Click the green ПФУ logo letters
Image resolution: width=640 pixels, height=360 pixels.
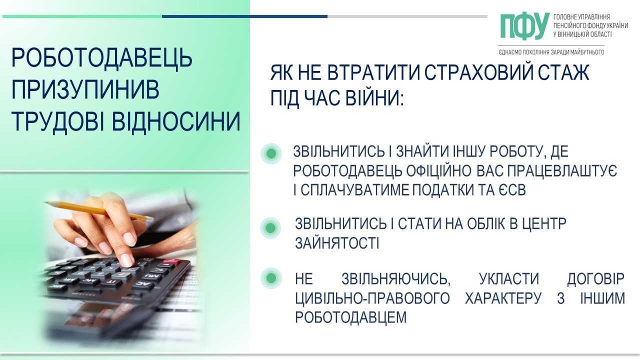point(525,26)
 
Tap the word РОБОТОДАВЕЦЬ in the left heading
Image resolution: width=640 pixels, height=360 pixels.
point(101,58)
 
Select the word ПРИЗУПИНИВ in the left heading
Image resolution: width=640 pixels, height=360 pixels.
point(85,89)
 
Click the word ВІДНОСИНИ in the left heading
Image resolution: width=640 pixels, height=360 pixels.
point(176,121)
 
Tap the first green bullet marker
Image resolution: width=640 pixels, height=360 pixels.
point(271,153)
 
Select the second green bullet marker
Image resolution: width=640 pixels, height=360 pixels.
point(270,228)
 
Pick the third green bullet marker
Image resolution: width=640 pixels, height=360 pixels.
point(271,278)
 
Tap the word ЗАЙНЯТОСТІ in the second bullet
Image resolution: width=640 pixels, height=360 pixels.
point(337,243)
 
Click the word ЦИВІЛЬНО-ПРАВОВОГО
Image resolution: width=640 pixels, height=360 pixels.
point(372,298)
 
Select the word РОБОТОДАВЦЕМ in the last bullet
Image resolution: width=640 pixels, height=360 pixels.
point(351,317)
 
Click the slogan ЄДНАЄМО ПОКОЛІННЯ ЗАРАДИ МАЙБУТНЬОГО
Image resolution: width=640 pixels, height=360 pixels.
point(551,52)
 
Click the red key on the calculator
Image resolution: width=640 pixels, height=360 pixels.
point(171,261)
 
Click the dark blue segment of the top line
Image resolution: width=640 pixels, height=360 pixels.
point(245,16)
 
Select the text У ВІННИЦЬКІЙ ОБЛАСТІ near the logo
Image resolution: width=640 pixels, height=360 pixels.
point(582,34)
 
